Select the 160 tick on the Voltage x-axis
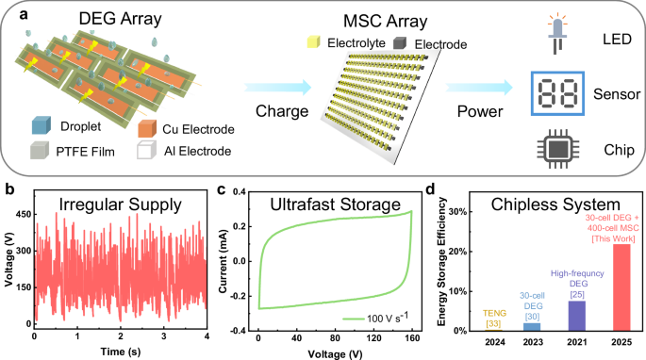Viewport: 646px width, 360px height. point(412,337)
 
